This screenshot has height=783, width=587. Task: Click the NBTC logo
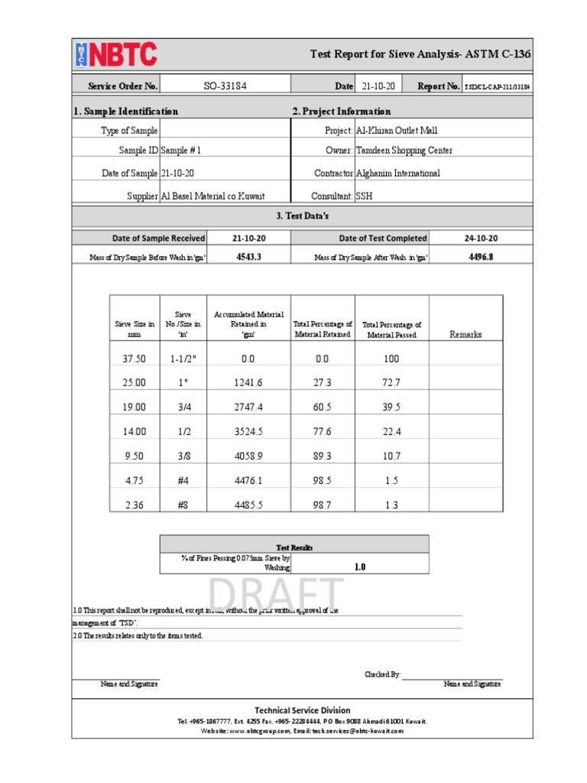(x=116, y=55)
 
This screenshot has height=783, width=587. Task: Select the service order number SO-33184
(x=225, y=86)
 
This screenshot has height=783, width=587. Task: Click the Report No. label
(x=439, y=86)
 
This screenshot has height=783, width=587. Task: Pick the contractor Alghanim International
(x=397, y=174)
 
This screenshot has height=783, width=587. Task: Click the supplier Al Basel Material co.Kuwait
(x=213, y=197)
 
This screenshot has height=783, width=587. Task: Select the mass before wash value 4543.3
(x=249, y=257)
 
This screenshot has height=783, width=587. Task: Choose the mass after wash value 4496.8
(x=481, y=257)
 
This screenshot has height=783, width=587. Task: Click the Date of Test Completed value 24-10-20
(x=481, y=239)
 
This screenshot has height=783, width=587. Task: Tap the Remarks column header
(x=465, y=334)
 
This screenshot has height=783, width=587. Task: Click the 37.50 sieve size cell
(x=134, y=359)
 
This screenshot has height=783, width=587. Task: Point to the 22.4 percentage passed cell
(x=391, y=431)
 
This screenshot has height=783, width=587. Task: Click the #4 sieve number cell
(x=183, y=480)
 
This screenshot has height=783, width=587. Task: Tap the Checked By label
(x=383, y=674)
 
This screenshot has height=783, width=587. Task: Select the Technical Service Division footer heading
(x=303, y=710)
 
